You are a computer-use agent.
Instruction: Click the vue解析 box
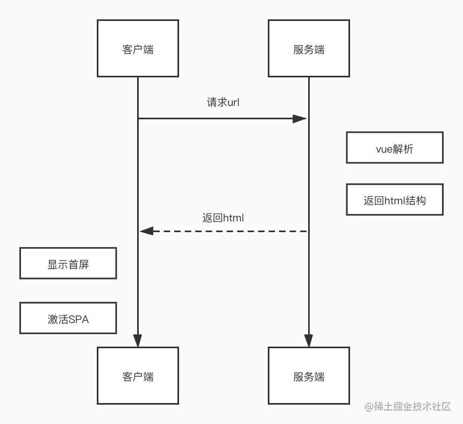394,148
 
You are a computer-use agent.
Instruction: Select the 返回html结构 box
394,200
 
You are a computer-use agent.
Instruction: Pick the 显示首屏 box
68,263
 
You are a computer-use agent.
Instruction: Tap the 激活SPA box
68,318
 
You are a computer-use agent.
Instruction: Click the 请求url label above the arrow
223,103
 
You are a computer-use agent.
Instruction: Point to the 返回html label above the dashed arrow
223,218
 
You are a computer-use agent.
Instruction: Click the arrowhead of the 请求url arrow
300,118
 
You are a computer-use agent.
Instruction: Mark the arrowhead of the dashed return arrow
146,231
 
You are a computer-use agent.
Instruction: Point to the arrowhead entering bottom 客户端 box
138,341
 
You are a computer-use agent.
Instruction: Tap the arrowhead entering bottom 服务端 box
309,341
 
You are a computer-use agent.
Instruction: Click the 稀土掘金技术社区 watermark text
412,407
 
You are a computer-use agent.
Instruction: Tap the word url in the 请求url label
233,103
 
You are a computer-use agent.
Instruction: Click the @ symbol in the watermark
369,407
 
